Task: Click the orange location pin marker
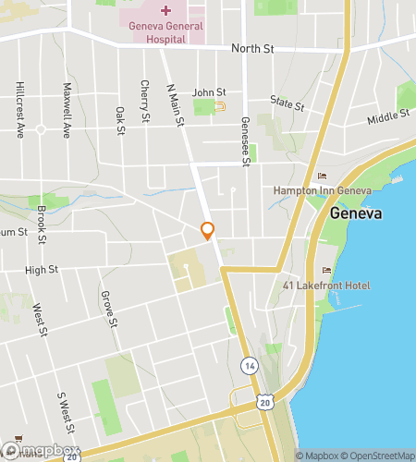(207, 231)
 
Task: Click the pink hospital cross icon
(165, 10)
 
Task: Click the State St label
(287, 101)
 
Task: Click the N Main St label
(173, 104)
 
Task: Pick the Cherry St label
(145, 101)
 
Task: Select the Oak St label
(120, 120)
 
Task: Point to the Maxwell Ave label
(66, 112)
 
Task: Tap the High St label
(42, 270)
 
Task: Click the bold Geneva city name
(356, 214)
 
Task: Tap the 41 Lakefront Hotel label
(326, 286)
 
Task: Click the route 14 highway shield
(248, 366)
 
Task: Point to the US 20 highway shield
(266, 401)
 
